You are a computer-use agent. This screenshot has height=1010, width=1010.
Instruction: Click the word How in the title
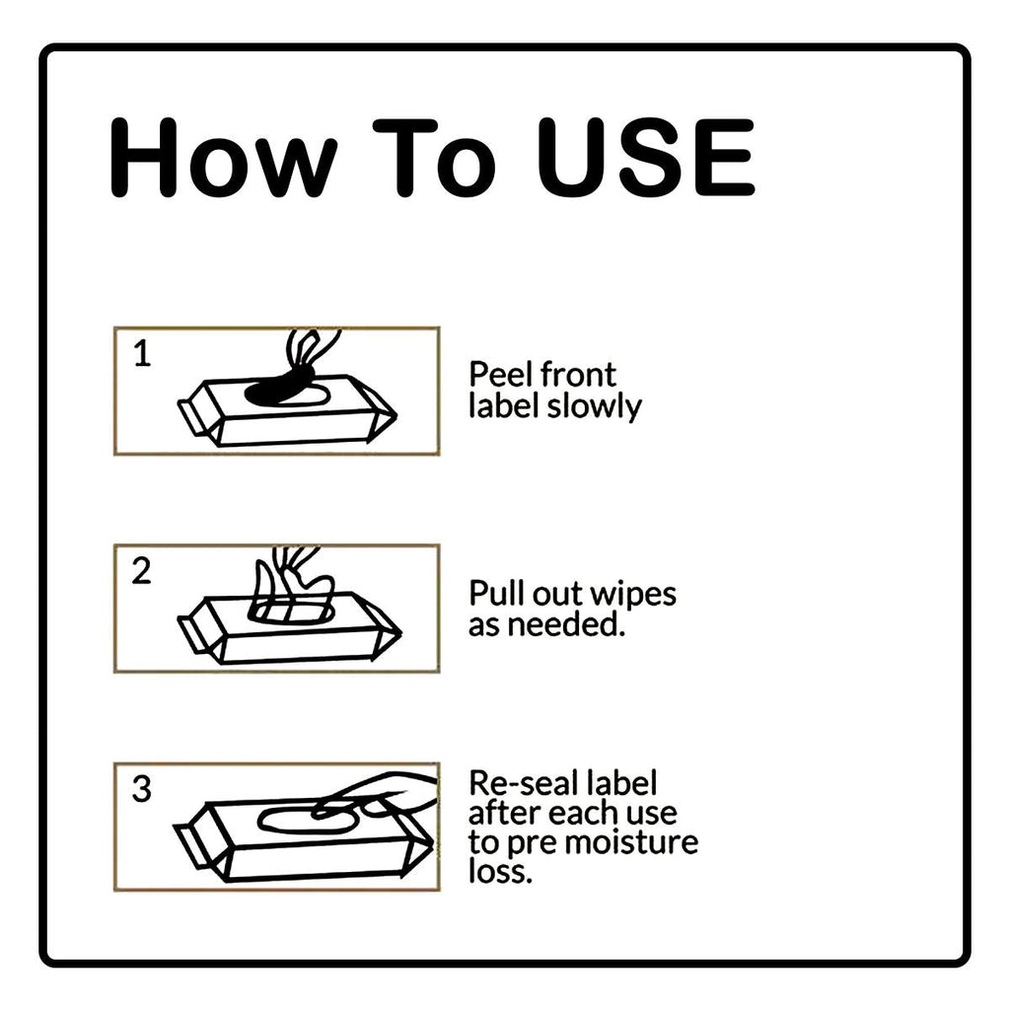click(224, 158)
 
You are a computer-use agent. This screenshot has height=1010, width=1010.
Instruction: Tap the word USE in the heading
click(646, 158)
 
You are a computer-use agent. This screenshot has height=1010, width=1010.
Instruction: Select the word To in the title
click(435, 158)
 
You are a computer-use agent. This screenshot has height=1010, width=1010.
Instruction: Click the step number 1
click(142, 354)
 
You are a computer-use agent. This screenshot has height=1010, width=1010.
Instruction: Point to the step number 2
click(141, 571)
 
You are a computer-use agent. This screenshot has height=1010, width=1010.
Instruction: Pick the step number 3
click(142, 788)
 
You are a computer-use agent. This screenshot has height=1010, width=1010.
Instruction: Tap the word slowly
click(594, 407)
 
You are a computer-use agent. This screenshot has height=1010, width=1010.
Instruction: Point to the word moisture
click(632, 842)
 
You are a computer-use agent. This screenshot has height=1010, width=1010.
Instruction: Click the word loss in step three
click(500, 872)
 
